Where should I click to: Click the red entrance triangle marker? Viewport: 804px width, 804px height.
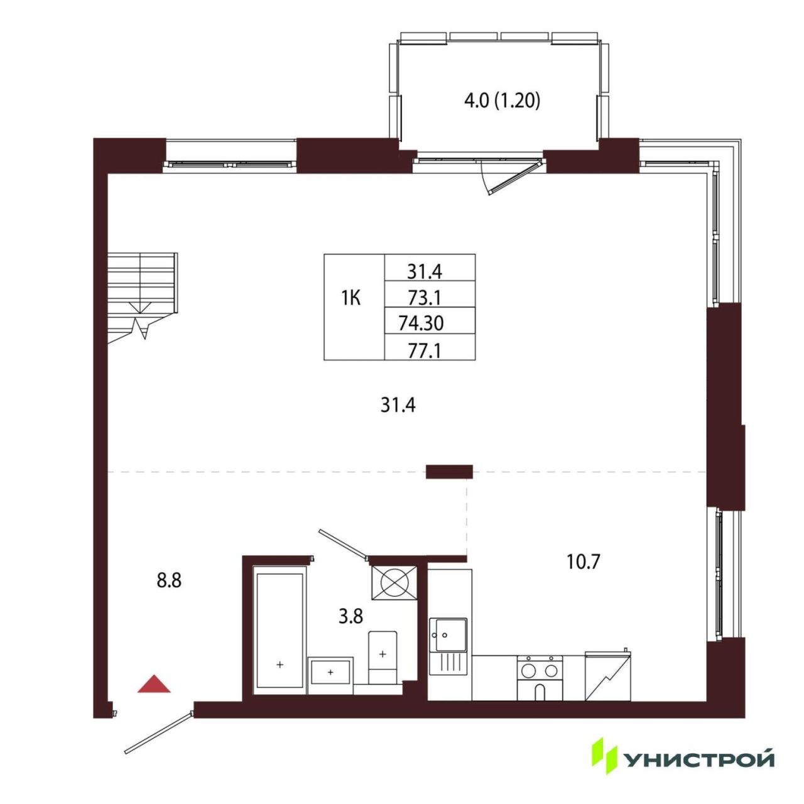[x=154, y=683]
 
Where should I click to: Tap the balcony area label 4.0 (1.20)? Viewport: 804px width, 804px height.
[x=502, y=101]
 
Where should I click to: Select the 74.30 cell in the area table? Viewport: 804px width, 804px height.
[x=421, y=322]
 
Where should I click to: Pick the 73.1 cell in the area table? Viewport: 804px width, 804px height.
[x=425, y=298]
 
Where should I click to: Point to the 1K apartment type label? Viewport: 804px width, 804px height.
[x=351, y=298]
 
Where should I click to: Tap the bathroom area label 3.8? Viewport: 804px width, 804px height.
[x=350, y=616]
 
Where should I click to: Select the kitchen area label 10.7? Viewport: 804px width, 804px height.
[x=583, y=562]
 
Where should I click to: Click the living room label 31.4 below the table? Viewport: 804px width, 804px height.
[x=398, y=405]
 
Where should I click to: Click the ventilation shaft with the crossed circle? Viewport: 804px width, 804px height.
[x=394, y=583]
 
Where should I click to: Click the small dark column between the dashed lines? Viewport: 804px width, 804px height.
[x=449, y=472]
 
